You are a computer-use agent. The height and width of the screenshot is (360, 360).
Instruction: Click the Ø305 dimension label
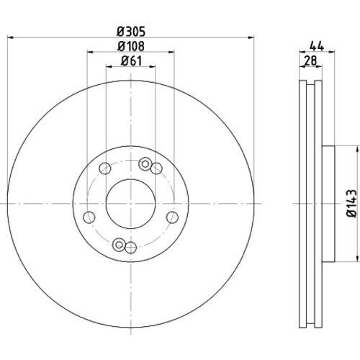tap(131, 32)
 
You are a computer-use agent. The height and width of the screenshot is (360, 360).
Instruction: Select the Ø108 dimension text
tap(131, 46)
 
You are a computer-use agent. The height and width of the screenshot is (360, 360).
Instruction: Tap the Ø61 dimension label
tap(131, 60)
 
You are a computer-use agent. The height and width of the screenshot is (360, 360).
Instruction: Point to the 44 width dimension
tap(317, 45)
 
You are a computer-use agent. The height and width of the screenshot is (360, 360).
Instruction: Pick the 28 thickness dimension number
tap(310, 60)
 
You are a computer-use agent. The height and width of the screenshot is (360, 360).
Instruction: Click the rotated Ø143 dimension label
tap(352, 204)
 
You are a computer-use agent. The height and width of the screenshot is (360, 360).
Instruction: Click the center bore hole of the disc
tap(130, 204)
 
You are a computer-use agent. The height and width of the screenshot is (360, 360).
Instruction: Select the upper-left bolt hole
tap(105, 168)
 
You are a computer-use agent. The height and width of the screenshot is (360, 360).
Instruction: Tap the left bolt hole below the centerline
tap(89, 217)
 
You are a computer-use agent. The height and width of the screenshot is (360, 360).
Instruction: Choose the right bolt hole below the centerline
tap(172, 217)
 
